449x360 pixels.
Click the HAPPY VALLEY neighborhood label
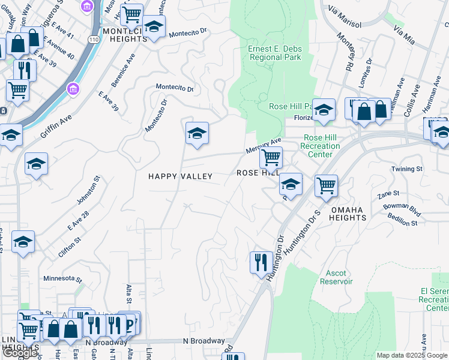[x=181, y=176]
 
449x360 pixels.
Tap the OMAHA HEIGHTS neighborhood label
[x=348, y=214]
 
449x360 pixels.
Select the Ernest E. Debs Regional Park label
[x=274, y=53]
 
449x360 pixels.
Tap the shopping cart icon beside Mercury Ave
[x=271, y=158]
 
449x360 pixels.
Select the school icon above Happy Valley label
[x=196, y=133]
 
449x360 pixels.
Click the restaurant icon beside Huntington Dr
[x=260, y=262]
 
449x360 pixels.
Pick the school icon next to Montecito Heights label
[x=154, y=27]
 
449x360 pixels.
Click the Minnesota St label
[x=62, y=278]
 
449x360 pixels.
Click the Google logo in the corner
[x=20, y=353]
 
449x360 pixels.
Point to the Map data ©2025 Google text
[x=412, y=355]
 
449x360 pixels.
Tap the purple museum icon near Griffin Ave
[x=74, y=89]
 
